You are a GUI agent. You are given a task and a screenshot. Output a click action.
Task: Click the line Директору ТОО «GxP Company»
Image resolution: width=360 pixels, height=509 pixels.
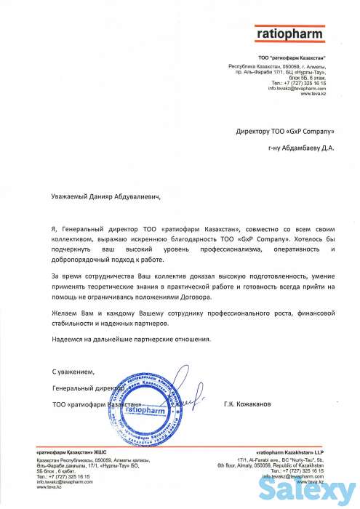(x=286, y=132)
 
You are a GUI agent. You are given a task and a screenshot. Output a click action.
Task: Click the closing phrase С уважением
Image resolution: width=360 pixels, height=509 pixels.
(x=74, y=372)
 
